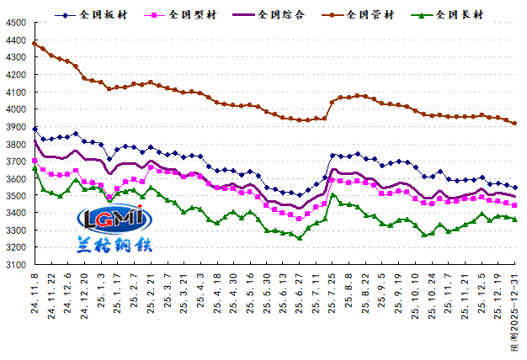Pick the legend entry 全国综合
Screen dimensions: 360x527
[282, 14]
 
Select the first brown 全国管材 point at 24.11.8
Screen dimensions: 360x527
[35, 43]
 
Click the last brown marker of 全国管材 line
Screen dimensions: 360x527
[514, 124]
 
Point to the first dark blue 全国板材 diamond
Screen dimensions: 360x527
[35, 129]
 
